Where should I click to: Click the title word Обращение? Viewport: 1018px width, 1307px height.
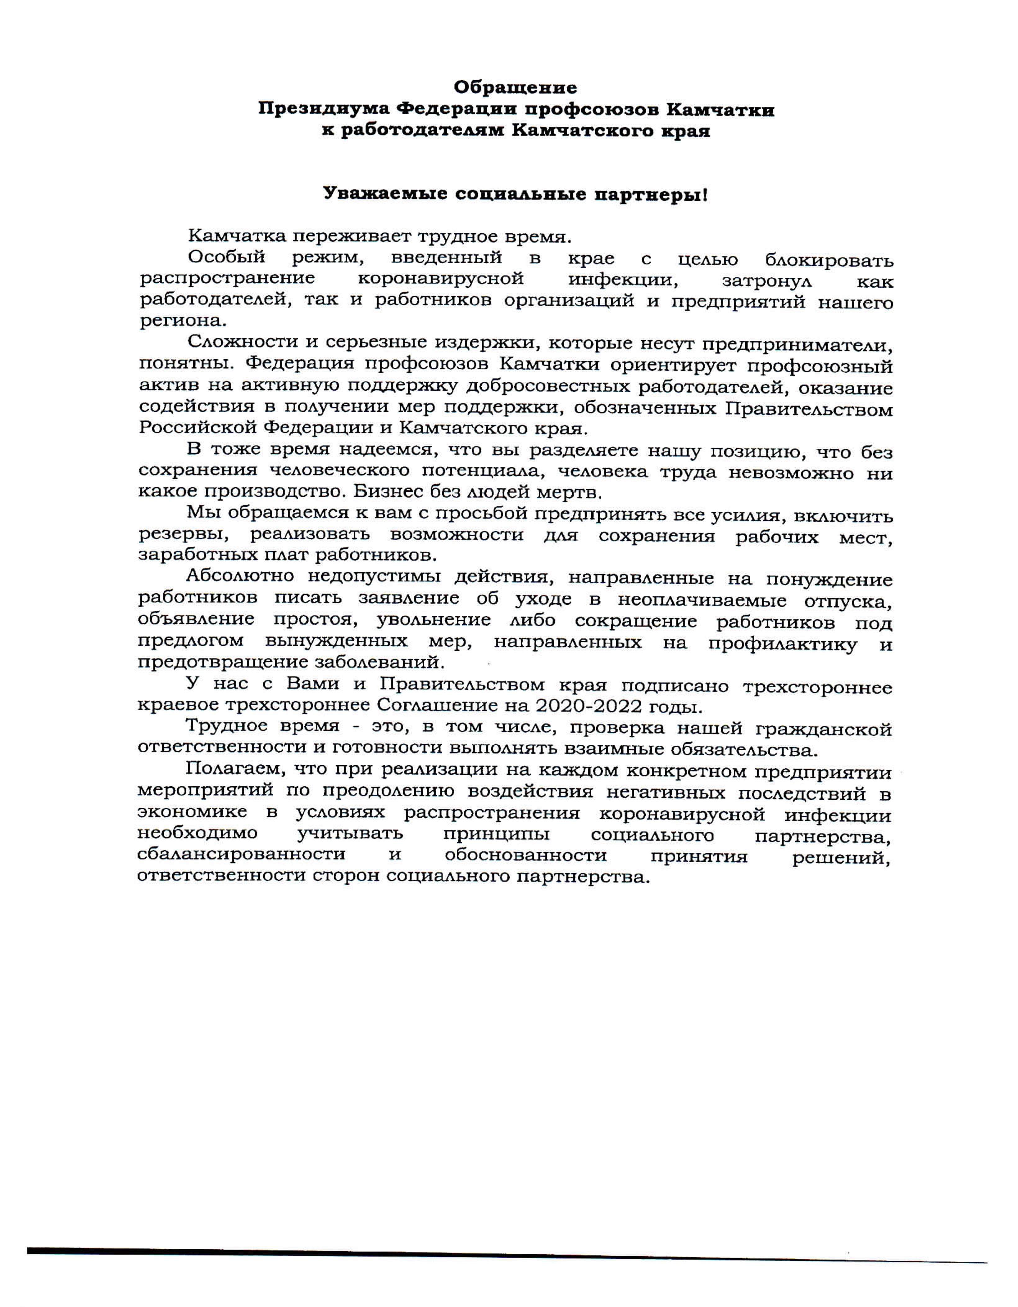515,88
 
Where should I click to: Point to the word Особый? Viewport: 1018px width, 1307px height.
226,257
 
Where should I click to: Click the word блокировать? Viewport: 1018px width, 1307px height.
829,260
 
